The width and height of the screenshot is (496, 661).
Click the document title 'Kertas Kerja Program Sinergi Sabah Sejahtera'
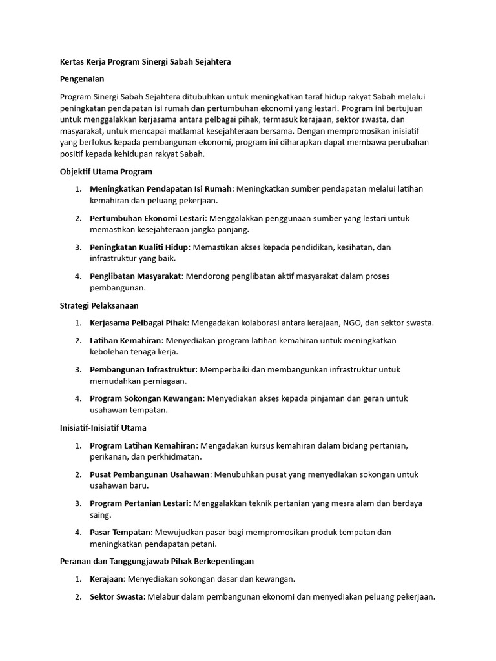(145, 62)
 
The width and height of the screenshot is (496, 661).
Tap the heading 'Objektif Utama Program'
(105, 172)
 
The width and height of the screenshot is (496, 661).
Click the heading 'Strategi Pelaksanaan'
(99, 305)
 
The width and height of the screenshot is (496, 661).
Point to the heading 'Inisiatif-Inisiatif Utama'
(103, 427)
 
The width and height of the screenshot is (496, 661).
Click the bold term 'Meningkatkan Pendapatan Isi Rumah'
(161, 188)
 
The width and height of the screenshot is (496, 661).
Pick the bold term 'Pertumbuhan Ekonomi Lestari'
(147, 218)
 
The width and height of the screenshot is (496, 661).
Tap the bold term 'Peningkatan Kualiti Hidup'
(139, 247)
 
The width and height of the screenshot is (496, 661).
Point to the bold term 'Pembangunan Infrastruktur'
(143, 369)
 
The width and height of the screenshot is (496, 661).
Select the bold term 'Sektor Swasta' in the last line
(117, 597)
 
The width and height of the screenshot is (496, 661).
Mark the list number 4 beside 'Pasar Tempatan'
(77, 533)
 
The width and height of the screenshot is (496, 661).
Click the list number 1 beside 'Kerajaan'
(77, 579)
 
